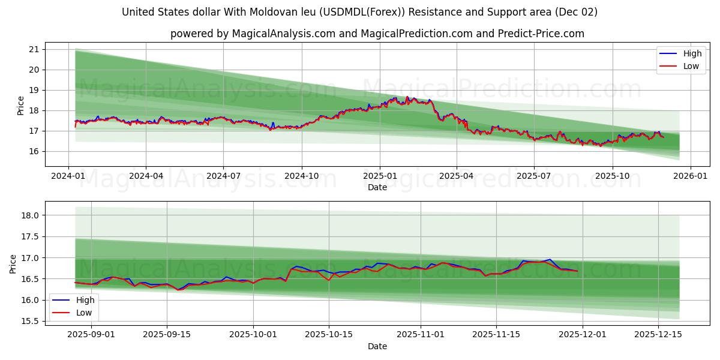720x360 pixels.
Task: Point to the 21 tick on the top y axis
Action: pos(34,49)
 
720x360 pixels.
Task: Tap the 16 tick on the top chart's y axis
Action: pos(34,151)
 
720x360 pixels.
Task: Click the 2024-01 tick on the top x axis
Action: pos(68,176)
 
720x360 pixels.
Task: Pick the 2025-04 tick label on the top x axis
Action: pos(456,176)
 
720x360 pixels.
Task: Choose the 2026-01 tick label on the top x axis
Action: pos(690,176)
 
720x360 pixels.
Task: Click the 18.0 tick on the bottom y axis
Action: pos(31,215)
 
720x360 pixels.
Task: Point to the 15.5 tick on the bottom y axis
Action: pos(31,321)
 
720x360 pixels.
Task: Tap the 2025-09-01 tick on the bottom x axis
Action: pos(91,334)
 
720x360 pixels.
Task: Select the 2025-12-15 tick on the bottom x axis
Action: pos(658,334)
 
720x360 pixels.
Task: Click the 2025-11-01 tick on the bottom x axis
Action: pos(419,334)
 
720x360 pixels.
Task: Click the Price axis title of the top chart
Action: pos(21,106)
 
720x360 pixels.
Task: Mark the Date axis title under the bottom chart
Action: pos(377,346)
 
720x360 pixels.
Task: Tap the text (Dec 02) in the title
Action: pos(576,12)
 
